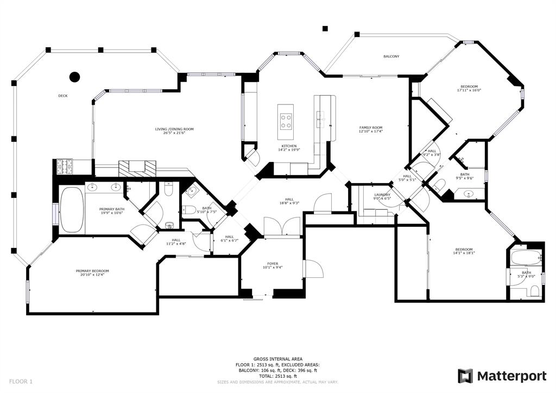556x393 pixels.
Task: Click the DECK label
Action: (63, 96)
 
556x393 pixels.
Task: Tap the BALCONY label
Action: (391, 57)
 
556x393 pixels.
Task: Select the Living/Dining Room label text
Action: (174, 129)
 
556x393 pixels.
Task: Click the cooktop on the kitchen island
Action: (286, 121)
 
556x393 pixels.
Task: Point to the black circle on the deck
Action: (75, 77)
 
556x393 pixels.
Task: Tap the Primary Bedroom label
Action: (92, 271)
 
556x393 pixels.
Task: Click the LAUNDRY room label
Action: (382, 195)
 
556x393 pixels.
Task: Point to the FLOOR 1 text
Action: (20, 382)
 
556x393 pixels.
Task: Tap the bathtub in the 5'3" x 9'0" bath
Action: (525, 258)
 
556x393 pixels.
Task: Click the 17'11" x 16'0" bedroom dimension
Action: (469, 91)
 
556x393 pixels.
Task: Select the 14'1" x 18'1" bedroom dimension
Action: (464, 253)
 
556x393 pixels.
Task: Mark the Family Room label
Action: (370, 127)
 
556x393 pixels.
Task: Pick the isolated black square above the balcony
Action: (325, 28)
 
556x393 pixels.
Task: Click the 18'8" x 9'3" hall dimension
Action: (289, 203)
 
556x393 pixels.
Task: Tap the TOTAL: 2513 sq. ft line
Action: (277, 376)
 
